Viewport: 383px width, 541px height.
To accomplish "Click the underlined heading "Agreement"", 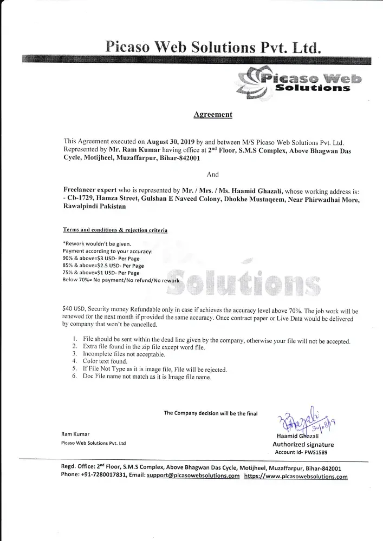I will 213,114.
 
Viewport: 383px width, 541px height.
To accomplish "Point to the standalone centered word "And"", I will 213,175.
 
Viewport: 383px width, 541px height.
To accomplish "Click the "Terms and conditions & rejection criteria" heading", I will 115,230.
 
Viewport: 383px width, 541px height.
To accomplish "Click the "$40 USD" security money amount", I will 74,309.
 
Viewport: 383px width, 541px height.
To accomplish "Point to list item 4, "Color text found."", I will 105,361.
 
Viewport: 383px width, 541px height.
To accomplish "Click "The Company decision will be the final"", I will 211,413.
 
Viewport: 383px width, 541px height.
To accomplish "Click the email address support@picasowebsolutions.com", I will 193,476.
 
